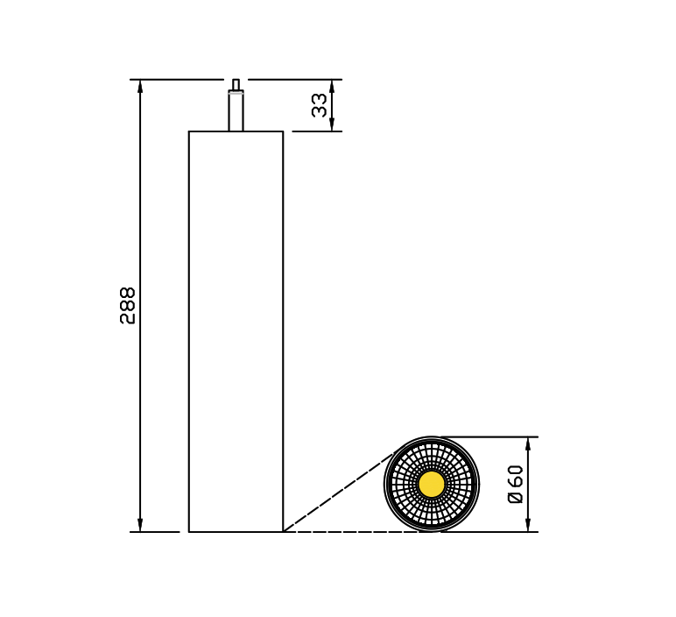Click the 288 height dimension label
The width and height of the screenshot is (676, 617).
pyautogui.click(x=128, y=306)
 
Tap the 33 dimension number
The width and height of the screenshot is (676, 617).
pyautogui.click(x=320, y=105)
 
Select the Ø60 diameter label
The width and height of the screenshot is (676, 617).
pyautogui.click(x=516, y=484)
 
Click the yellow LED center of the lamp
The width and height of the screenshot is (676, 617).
pyautogui.click(x=432, y=484)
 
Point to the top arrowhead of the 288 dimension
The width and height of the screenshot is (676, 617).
pyautogui.click(x=140, y=86)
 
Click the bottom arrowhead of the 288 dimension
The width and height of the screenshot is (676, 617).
pyautogui.click(x=140, y=525)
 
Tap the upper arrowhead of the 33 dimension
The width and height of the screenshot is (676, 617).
pyautogui.click(x=332, y=86)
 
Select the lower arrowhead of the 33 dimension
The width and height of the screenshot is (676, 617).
pyautogui.click(x=332, y=124)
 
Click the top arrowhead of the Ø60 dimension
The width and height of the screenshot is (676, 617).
pyautogui.click(x=528, y=443)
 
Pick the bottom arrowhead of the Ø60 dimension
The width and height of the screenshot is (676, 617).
pyautogui.click(x=528, y=525)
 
